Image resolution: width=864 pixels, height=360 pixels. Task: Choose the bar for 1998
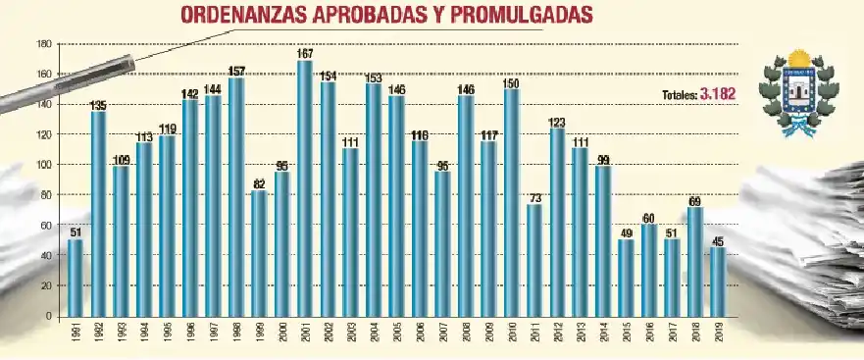click(236, 197)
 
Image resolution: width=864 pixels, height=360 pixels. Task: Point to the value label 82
click(259, 183)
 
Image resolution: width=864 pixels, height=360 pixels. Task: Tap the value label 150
click(511, 81)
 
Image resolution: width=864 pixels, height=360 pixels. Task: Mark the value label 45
click(719, 240)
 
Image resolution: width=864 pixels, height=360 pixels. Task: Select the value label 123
click(557, 123)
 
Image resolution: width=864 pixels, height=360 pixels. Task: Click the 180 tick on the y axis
click(43, 44)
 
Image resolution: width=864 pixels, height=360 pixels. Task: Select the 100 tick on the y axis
click(43, 165)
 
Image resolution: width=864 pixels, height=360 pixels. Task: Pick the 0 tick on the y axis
click(48, 316)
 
